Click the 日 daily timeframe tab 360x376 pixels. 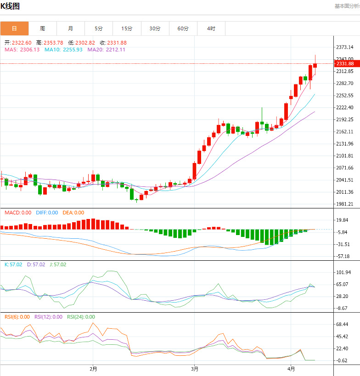click(x=14, y=28)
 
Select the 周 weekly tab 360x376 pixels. click(x=42, y=28)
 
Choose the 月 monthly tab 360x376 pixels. click(x=70, y=28)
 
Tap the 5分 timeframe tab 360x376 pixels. click(x=99, y=28)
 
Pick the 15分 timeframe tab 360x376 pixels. click(x=127, y=28)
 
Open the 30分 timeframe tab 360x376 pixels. click(x=155, y=28)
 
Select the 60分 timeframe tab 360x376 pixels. click(x=183, y=28)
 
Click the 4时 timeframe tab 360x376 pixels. click(x=211, y=28)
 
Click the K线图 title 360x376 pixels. click(x=10, y=6)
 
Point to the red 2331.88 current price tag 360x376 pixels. click(x=344, y=63)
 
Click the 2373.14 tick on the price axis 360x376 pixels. click(x=344, y=47)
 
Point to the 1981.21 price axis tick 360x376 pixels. click(x=344, y=204)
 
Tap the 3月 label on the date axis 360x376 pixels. click(x=194, y=369)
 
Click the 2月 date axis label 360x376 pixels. click(x=93, y=369)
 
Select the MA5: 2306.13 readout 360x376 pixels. click(x=22, y=50)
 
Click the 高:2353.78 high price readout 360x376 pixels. click(x=50, y=43)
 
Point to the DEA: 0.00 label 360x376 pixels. click(x=73, y=213)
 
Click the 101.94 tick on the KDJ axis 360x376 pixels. click(x=343, y=272)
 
